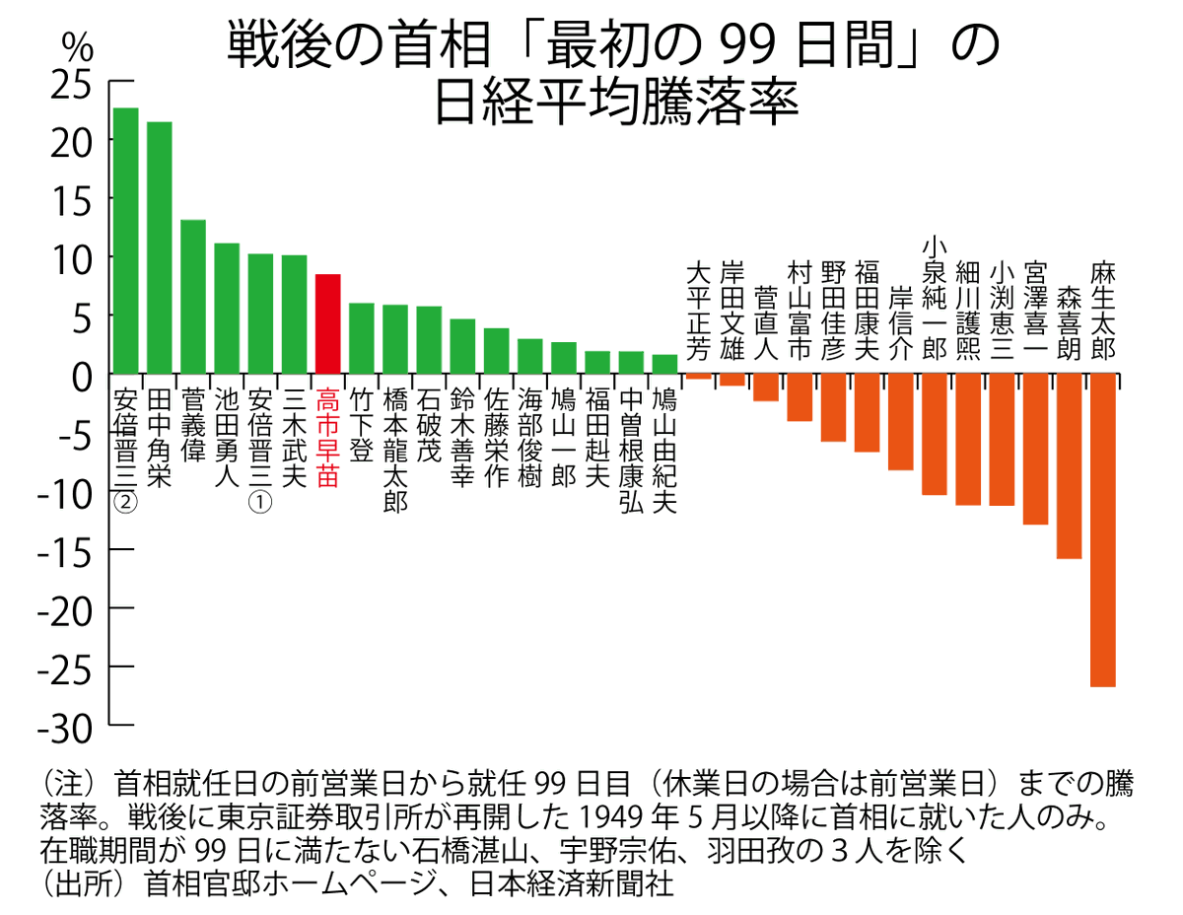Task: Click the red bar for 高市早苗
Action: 327,324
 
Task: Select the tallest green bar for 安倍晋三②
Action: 126,241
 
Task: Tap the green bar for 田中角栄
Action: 160,247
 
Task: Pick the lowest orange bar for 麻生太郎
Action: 1102,529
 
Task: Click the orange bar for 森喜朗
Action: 1069,466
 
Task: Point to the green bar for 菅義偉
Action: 193,297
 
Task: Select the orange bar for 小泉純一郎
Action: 935,434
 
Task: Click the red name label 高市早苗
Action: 327,438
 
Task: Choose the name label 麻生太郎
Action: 1103,311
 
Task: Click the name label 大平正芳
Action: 699,311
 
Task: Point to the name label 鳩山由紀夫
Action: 664,451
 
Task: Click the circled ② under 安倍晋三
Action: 126,503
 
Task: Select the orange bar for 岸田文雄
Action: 732,380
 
